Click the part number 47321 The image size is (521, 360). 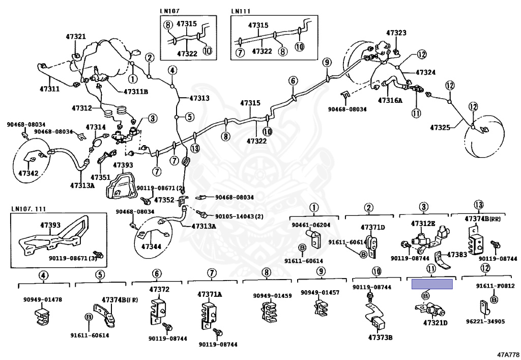pos(75,37)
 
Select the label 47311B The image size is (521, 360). pos(135,92)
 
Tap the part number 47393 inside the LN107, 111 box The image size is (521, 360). pos(50,225)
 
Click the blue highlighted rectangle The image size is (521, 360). pos(432,284)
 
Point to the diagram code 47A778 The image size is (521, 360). pos(508,354)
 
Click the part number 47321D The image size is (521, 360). pos(436,322)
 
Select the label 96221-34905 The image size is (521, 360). pos(485,321)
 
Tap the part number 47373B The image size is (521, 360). pos(380,338)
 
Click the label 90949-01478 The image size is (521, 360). pos(43,299)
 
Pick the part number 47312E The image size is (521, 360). pos(423,224)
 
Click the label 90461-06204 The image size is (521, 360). pos(311,225)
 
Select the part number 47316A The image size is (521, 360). pos(390,100)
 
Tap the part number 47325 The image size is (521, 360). pos(440,127)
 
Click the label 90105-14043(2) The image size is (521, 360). pos(239,216)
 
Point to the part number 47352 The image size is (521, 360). pos(164,200)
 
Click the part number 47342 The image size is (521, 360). pos(28,173)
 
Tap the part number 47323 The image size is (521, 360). pos(396,33)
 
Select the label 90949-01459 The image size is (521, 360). pos(273,296)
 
